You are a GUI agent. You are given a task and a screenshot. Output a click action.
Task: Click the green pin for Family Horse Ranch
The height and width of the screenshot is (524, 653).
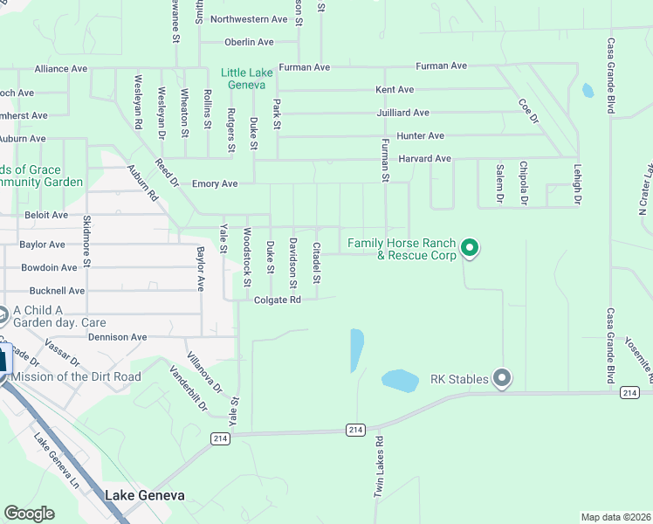[470, 249]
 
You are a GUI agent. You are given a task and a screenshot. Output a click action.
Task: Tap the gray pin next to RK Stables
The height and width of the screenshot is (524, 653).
[502, 378]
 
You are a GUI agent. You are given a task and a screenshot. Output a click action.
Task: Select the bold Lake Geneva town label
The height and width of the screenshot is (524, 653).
[144, 495]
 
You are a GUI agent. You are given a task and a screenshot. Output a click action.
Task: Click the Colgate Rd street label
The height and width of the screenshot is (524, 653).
[278, 300]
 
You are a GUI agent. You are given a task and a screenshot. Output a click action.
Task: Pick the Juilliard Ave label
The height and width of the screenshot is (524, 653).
[402, 113]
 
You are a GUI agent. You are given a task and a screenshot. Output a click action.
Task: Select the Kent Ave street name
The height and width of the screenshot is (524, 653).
[394, 89]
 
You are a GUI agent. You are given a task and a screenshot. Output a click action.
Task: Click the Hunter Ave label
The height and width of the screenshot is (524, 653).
[420, 135]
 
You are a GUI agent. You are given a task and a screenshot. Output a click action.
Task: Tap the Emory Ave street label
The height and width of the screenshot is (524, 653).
[215, 183]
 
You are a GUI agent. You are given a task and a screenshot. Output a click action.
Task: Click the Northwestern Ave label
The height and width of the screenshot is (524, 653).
[249, 18]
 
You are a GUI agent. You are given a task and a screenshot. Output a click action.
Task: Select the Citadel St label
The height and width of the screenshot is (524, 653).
[317, 263]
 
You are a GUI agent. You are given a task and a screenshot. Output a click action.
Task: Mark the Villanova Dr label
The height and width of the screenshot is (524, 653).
[204, 373]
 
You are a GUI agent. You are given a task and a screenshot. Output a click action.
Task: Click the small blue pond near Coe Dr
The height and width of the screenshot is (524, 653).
[588, 90]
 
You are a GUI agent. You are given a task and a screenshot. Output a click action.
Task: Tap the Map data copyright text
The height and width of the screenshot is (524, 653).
[615, 516]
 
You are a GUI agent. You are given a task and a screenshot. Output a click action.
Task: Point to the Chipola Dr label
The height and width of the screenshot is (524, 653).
[523, 183]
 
